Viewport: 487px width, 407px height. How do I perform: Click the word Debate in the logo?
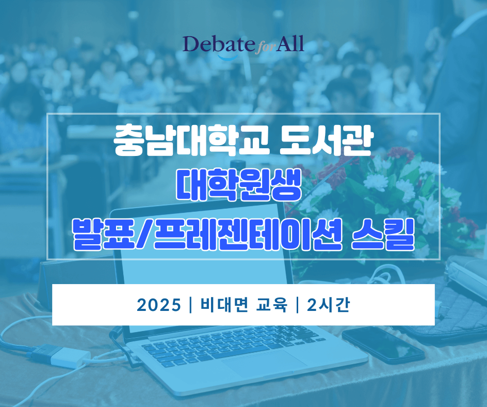coord(218,44)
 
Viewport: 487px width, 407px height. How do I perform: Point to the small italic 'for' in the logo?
coord(265,48)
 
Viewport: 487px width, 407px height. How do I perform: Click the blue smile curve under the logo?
coord(228,57)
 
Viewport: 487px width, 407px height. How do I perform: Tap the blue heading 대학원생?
coord(239,185)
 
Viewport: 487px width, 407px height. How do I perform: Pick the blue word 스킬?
coord(384,234)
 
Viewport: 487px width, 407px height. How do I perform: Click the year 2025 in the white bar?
coord(159,305)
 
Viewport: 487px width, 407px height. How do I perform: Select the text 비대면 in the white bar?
coord(224,305)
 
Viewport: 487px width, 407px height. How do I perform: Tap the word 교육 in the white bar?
coord(271,305)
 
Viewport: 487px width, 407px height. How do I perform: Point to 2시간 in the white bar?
coord(328,305)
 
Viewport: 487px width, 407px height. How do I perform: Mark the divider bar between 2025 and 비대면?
coord(190,305)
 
